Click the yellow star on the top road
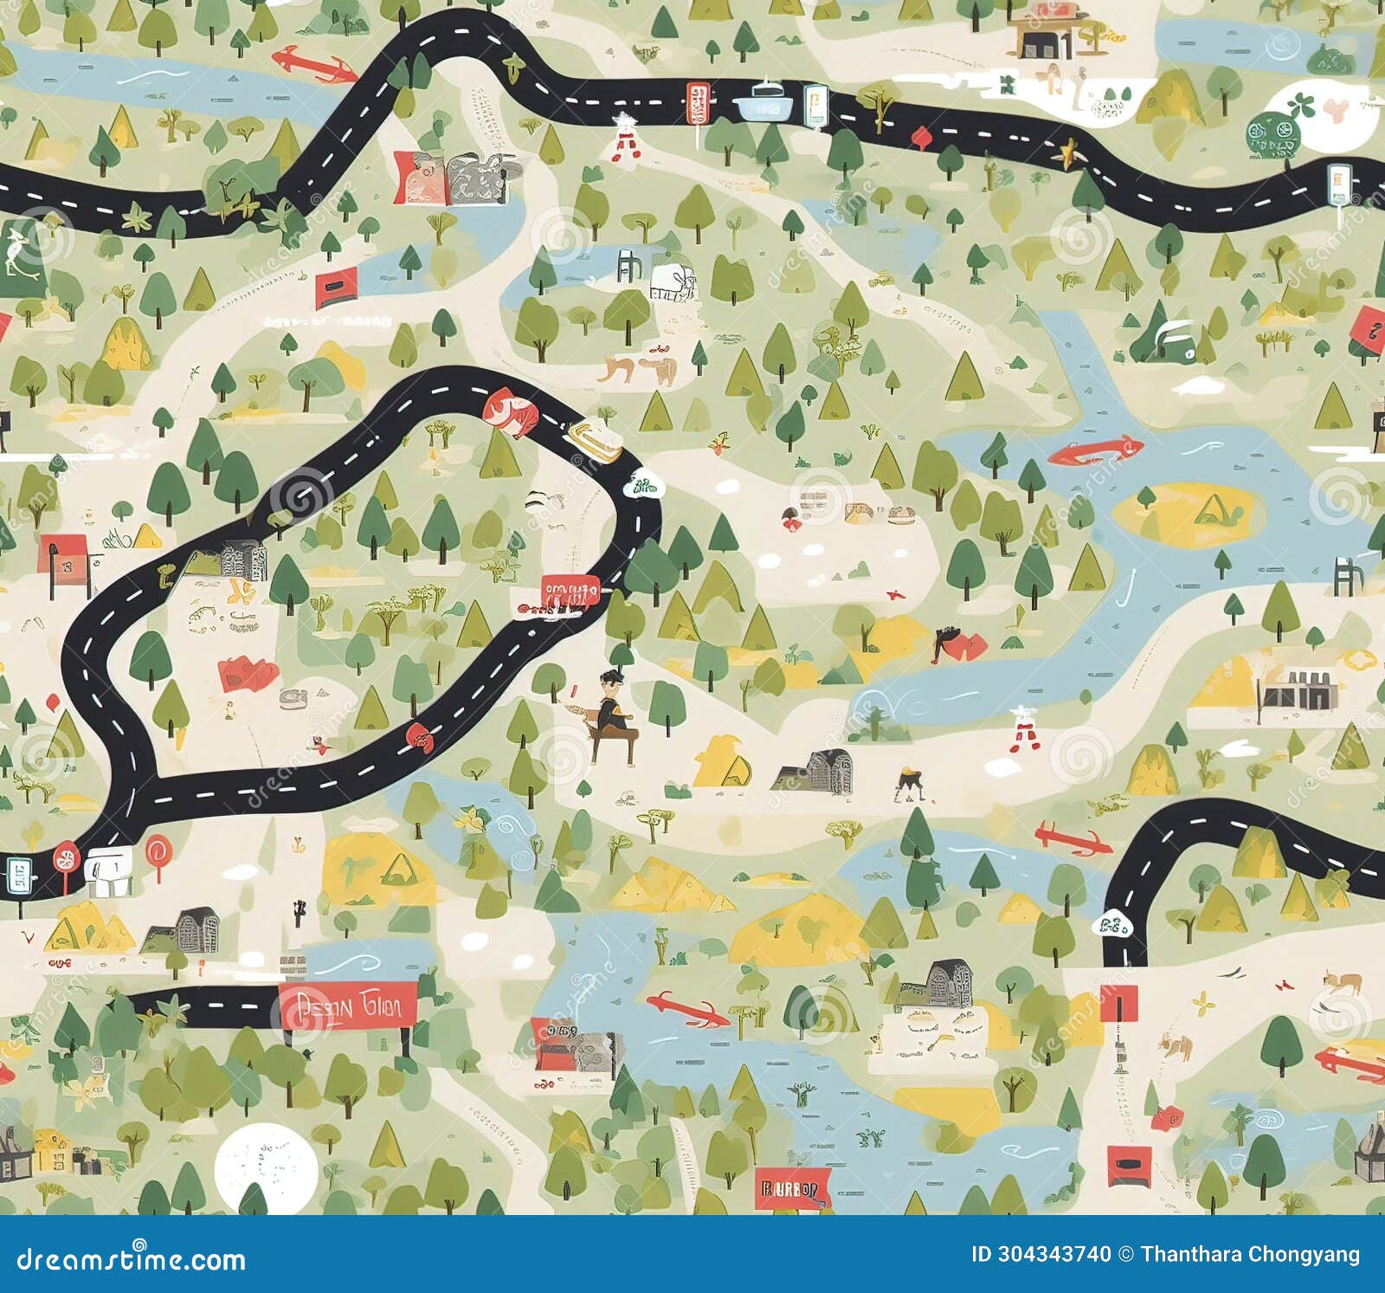coord(1066,152)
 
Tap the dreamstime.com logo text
coord(132,1258)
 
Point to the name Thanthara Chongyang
coord(1250,1254)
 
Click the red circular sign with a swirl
coord(157,850)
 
